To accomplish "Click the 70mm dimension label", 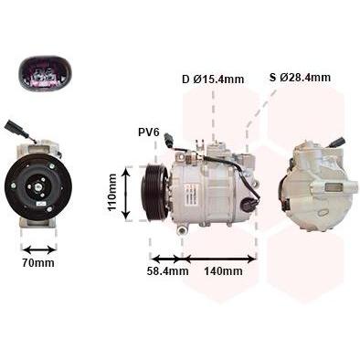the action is tap(38, 262).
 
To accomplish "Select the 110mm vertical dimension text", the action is tap(112, 192).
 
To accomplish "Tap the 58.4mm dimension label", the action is tap(167, 270).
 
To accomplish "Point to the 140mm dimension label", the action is tap(223, 270).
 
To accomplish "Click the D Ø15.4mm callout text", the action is tap(213, 79).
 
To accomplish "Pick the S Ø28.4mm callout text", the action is tap(300, 78).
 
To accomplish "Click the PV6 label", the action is tap(149, 132).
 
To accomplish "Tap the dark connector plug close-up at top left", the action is tap(46, 73).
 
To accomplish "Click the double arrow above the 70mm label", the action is tap(39, 250).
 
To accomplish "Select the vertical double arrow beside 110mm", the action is tap(126, 193).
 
